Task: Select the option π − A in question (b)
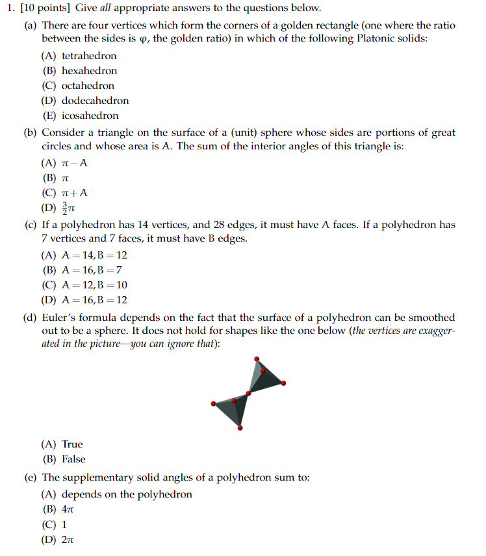click(x=74, y=163)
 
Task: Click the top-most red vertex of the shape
click(x=257, y=359)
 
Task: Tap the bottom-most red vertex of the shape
click(x=240, y=429)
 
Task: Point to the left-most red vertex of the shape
click(x=214, y=403)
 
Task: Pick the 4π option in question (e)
click(x=68, y=509)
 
